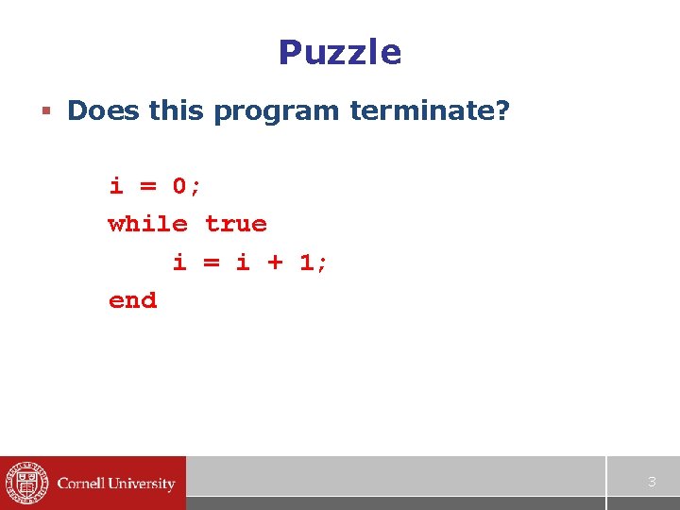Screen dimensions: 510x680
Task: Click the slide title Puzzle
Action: [340, 52]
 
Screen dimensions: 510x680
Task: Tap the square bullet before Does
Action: [45, 112]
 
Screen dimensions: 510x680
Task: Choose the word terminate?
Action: [429, 111]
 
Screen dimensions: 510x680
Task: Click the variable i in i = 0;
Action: [116, 185]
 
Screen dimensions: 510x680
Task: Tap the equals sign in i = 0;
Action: [148, 187]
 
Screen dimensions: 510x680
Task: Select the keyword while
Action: [147, 224]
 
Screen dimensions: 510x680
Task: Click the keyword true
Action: [236, 224]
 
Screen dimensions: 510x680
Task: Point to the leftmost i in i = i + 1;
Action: [179, 262]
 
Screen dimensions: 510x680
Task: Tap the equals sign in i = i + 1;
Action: [212, 263]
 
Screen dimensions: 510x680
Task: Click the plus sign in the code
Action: [275, 263]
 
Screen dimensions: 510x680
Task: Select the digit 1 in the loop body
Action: [307, 262]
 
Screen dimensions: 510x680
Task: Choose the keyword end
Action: [132, 300]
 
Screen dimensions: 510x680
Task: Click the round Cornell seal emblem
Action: [25, 484]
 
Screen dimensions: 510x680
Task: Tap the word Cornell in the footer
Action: [82, 484]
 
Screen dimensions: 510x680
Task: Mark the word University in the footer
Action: [142, 484]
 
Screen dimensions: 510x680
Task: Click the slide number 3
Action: [651, 483]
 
